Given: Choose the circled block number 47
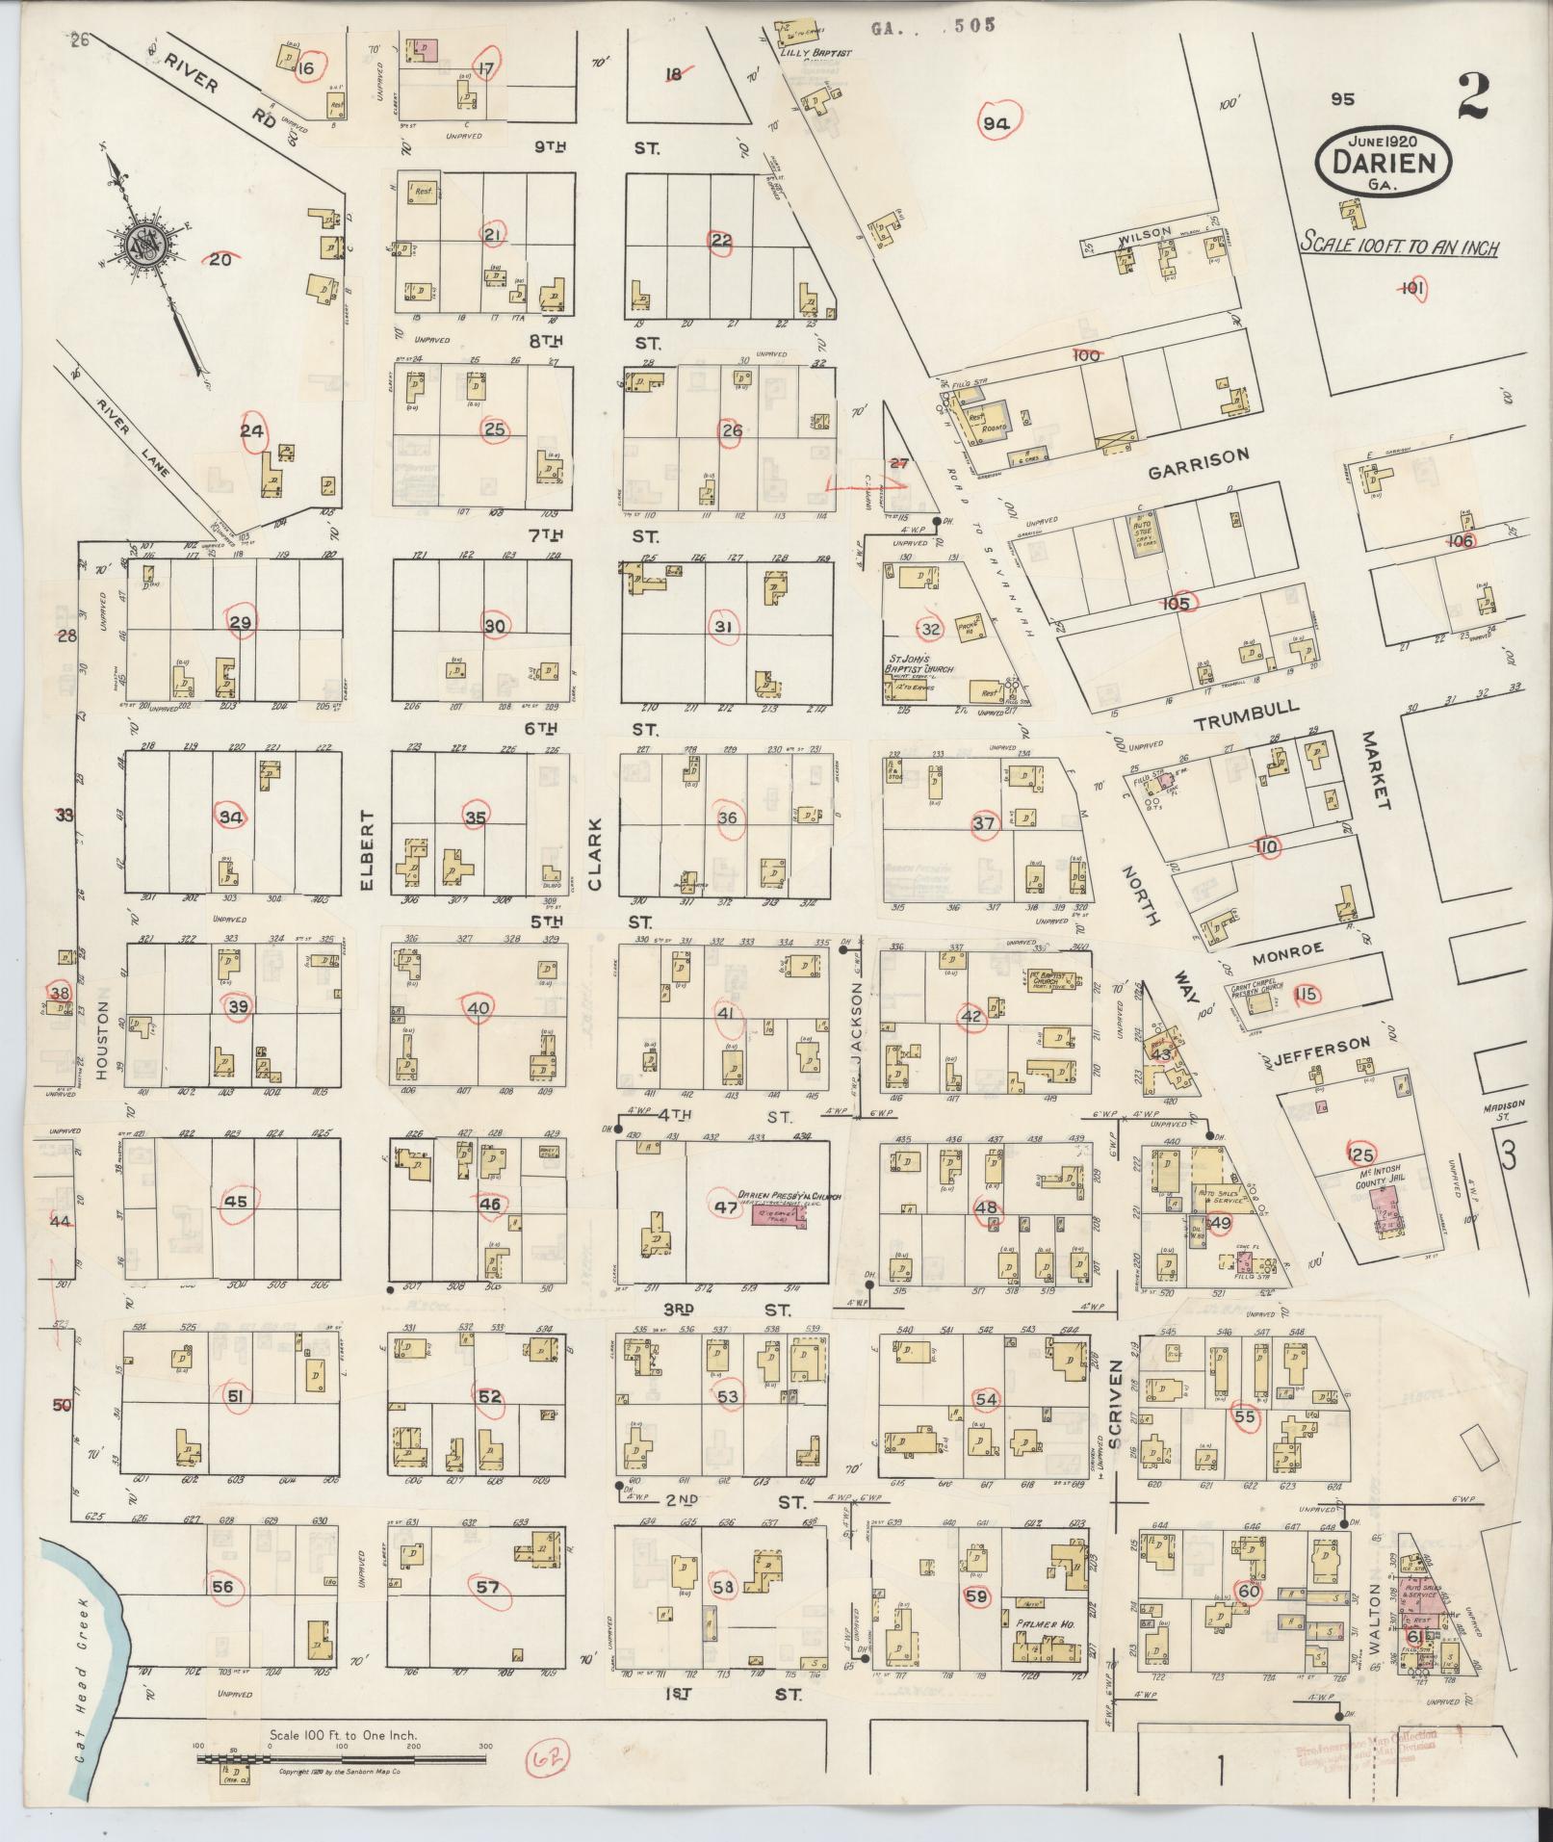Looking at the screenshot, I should [x=724, y=1207].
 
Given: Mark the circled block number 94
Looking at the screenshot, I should [x=996, y=122].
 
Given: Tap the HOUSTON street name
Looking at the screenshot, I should [x=104, y=1037].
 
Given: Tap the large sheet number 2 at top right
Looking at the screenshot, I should [x=1473, y=96].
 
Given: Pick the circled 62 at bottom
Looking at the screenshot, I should [x=548, y=1762].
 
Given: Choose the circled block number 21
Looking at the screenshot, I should [x=493, y=234].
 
